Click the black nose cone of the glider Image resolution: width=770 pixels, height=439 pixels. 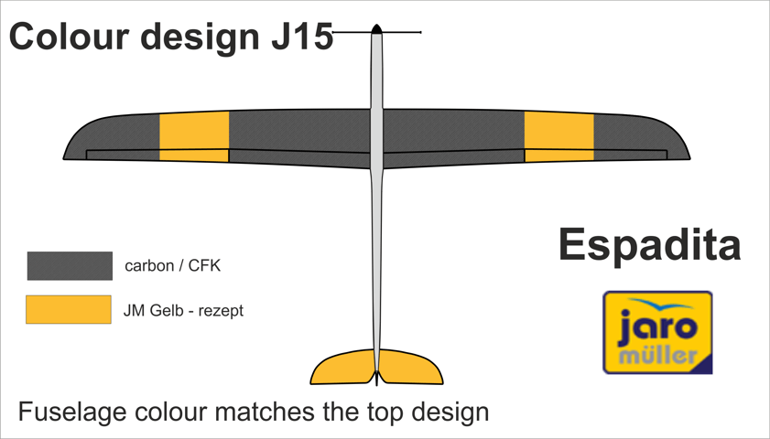[376, 29]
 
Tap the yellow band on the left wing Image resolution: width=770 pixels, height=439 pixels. [194, 136]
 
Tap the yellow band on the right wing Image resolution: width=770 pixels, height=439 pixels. [559, 136]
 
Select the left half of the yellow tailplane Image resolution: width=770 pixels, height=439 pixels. [343, 368]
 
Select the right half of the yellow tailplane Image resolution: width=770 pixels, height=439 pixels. [409, 368]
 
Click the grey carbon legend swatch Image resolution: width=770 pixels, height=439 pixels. [70, 266]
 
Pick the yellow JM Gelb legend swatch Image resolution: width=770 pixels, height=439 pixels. [69, 310]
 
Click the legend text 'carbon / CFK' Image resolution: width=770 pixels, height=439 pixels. [173, 266]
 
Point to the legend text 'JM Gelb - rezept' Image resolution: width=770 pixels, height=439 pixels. [183, 311]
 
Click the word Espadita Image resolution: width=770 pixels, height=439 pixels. [649, 245]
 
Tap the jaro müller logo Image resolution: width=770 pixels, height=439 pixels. [657, 332]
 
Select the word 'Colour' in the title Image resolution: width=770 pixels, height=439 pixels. [66, 37]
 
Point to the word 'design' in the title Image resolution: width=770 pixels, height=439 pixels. [199, 37]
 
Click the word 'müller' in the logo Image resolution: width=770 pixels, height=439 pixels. [657, 354]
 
